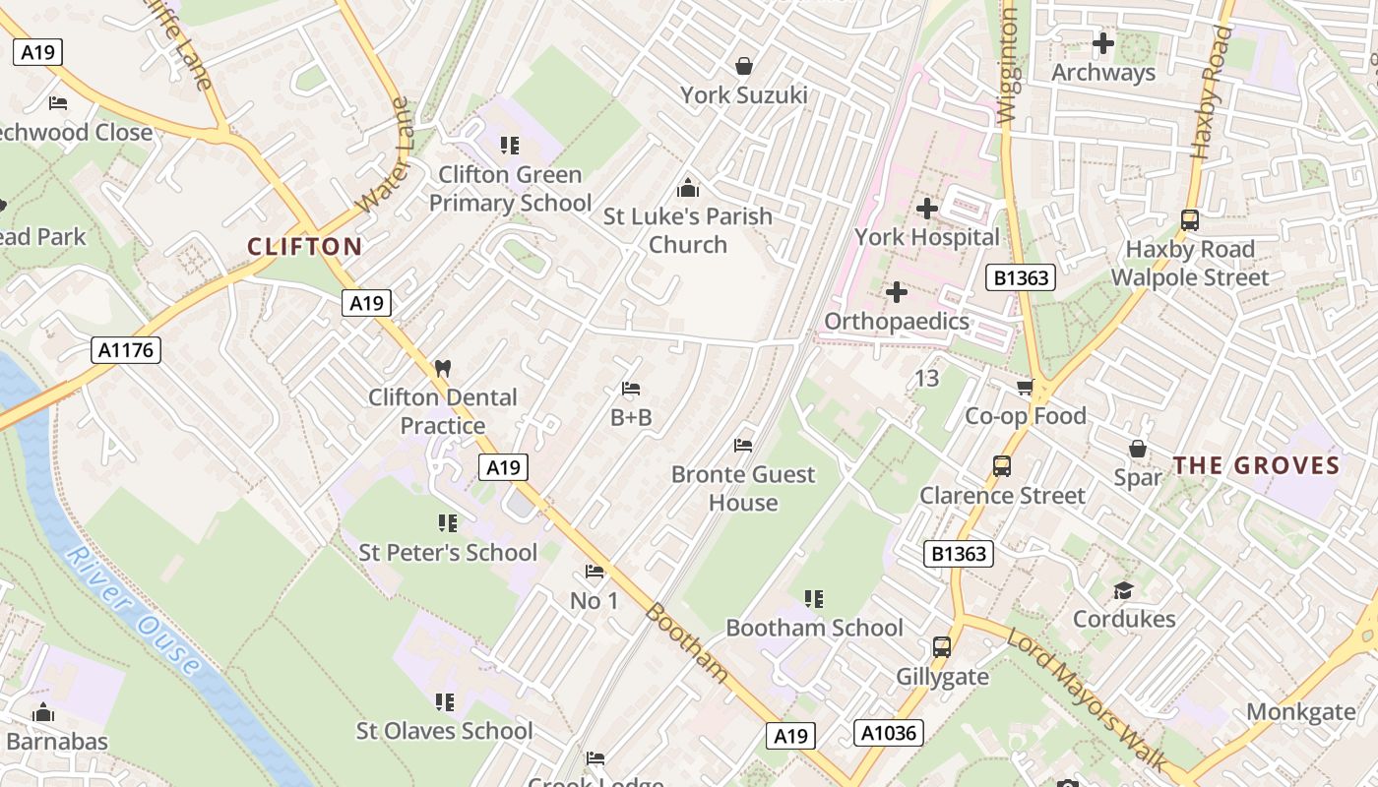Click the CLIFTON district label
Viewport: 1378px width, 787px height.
pyautogui.click(x=304, y=247)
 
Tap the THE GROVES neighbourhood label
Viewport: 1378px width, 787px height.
pyautogui.click(x=1256, y=465)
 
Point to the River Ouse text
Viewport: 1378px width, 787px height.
pyautogui.click(x=134, y=611)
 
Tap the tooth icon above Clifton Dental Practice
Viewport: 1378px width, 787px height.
pyautogui.click(x=442, y=369)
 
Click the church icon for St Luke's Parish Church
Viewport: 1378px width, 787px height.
pyautogui.click(x=687, y=187)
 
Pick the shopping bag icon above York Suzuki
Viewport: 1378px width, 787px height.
pyautogui.click(x=744, y=66)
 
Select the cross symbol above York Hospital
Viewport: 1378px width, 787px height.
pyautogui.click(x=926, y=209)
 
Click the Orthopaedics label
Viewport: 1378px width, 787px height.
pyautogui.click(x=897, y=321)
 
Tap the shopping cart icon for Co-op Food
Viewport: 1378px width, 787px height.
pyautogui.click(x=1026, y=388)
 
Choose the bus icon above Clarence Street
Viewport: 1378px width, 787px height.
pyautogui.click(x=1002, y=466)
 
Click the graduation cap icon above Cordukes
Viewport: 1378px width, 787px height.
pyautogui.click(x=1123, y=590)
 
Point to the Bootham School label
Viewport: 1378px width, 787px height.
pyautogui.click(x=814, y=628)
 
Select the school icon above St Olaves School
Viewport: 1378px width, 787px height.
pyautogui.click(x=445, y=702)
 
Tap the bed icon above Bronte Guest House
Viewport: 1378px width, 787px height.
pyautogui.click(x=743, y=446)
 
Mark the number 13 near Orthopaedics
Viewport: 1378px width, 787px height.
pyautogui.click(x=926, y=378)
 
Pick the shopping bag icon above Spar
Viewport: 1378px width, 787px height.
pyautogui.click(x=1138, y=449)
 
